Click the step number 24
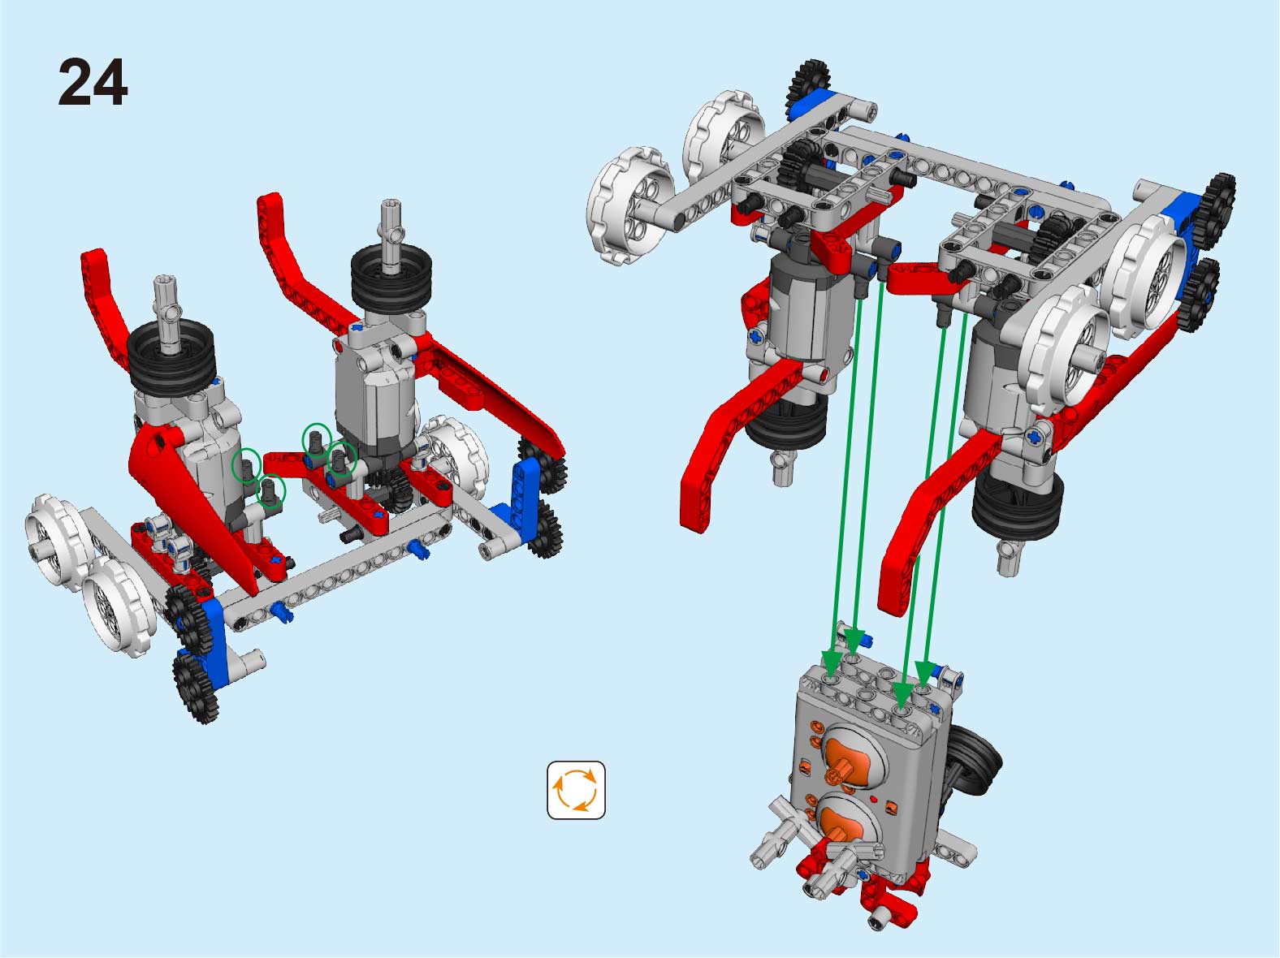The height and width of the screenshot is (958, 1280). [93, 82]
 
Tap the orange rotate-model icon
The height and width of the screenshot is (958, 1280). [576, 790]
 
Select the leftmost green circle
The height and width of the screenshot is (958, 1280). [247, 465]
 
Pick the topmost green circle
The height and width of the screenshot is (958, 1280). [317, 441]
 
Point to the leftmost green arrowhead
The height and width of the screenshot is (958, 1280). [832, 660]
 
